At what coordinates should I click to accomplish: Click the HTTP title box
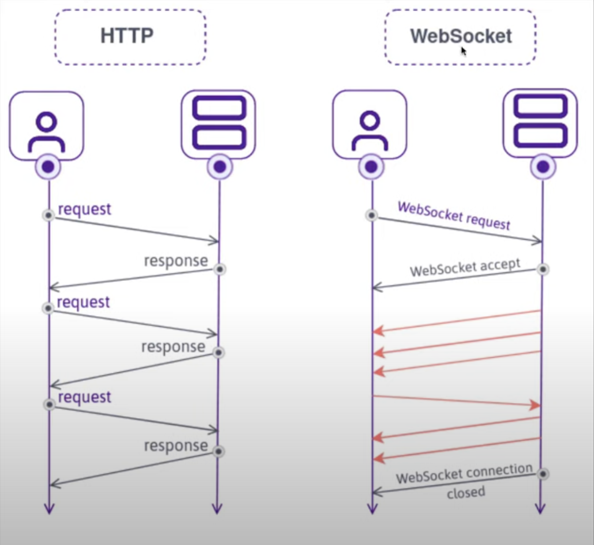[x=130, y=37]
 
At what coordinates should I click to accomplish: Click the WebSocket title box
[x=460, y=37]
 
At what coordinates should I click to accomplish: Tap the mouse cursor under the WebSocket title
[x=464, y=51]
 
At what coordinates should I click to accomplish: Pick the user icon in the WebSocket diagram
[x=370, y=126]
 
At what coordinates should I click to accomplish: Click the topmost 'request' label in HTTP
[x=85, y=209]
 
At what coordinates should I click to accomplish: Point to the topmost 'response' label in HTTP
[x=176, y=261]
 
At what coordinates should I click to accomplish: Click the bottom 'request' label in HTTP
[x=85, y=397]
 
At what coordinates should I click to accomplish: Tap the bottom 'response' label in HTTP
[x=176, y=446]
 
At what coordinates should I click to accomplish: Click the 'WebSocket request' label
[x=454, y=215]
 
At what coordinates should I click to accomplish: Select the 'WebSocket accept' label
[x=465, y=267]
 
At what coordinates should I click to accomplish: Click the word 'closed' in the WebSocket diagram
[x=466, y=492]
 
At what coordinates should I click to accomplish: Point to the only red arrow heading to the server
[x=457, y=401]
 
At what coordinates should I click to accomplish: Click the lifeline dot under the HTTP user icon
[x=48, y=167]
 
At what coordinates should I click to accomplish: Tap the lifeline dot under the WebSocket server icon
[x=543, y=167]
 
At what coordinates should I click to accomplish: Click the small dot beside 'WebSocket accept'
[x=543, y=269]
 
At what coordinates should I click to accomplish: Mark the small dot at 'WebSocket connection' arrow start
[x=543, y=474]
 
